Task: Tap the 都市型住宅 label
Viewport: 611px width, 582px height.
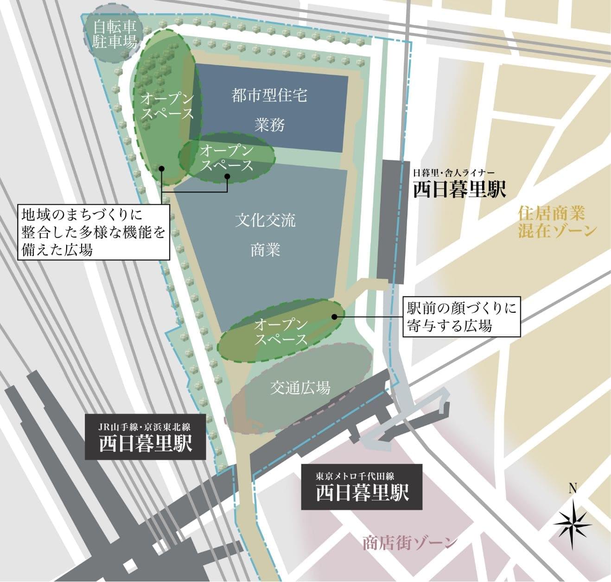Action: [269, 95]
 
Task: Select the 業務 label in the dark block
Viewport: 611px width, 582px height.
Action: [269, 124]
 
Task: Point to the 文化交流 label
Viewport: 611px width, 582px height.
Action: [265, 220]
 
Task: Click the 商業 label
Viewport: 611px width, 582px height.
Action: [265, 250]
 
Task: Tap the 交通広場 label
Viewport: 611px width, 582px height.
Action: [300, 387]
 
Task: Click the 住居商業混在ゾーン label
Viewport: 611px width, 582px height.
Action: [557, 222]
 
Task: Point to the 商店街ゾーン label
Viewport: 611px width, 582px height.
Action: [410, 543]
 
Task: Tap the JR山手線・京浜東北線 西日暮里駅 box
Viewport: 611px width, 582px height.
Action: [145, 437]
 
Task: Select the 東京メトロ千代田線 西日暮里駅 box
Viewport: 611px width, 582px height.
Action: [362, 487]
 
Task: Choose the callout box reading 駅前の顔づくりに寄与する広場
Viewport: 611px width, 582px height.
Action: [461, 317]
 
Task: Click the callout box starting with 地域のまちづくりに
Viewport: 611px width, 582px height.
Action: [94, 231]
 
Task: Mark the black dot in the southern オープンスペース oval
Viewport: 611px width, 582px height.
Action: [334, 316]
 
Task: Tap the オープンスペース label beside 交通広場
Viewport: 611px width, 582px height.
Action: [281, 331]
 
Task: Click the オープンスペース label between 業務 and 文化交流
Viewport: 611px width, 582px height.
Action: [227, 158]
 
